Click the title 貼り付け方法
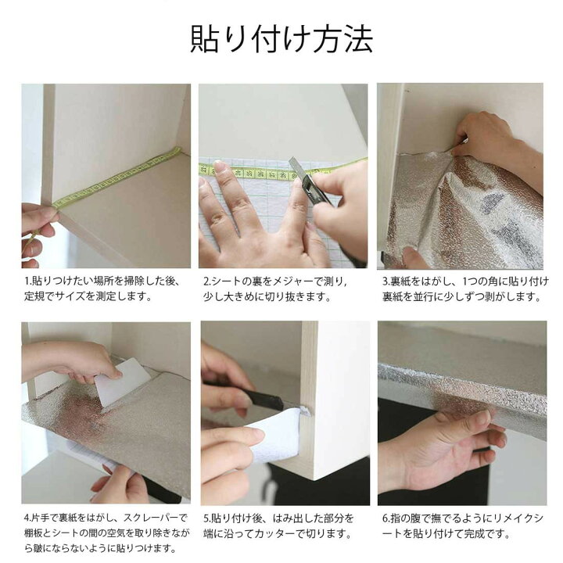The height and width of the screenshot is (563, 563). coord(281,38)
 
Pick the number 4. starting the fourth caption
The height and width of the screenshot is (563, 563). coord(27,518)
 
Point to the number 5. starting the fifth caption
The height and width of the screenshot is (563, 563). coord(206,518)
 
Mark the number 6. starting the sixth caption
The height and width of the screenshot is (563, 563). coord(386,518)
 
